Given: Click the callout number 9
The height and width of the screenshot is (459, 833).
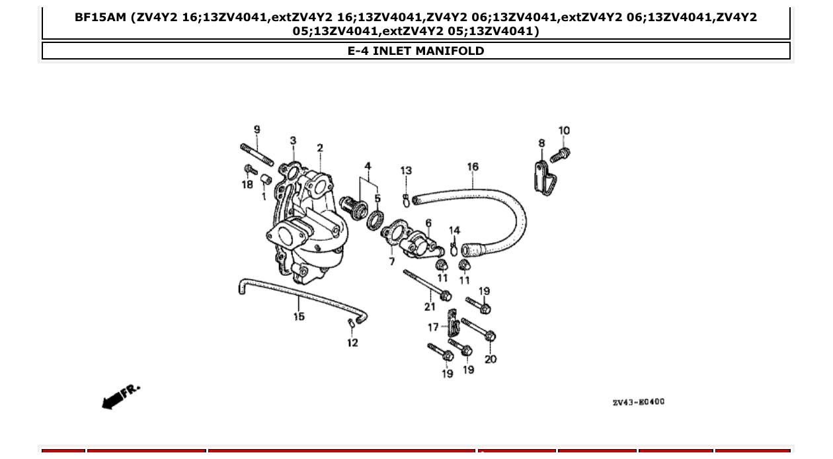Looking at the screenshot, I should [x=257, y=130].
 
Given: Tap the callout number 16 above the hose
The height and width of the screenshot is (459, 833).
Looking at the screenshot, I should [x=473, y=167].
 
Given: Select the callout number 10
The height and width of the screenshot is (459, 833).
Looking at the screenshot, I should [x=564, y=131].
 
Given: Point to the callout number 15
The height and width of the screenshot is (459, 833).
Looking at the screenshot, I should [x=299, y=317].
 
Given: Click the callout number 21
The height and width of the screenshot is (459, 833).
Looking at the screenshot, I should [x=430, y=306].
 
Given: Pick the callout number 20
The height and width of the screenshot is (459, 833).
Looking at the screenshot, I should [x=491, y=359].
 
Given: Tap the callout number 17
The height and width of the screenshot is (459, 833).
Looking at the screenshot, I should [x=433, y=327].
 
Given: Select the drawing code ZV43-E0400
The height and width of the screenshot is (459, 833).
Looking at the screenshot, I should [x=638, y=402].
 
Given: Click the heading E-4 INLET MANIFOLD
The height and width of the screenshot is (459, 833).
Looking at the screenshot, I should [x=416, y=51].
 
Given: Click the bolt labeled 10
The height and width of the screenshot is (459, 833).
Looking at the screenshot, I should [x=560, y=155].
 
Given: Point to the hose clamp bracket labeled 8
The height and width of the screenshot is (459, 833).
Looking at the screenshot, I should [x=545, y=177].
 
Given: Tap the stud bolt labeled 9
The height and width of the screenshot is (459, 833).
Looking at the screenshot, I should [x=257, y=155].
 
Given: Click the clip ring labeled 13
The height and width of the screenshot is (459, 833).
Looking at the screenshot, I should [x=406, y=199].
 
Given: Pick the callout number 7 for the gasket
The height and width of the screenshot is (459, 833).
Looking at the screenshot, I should [x=391, y=262].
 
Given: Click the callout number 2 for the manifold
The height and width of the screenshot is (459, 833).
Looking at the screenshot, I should [x=320, y=148].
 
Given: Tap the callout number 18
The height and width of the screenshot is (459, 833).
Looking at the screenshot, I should [x=247, y=185].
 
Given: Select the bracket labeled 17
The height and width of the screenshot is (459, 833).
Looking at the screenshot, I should [x=453, y=323].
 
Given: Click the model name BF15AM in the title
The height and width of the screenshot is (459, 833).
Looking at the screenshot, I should [x=100, y=17].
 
